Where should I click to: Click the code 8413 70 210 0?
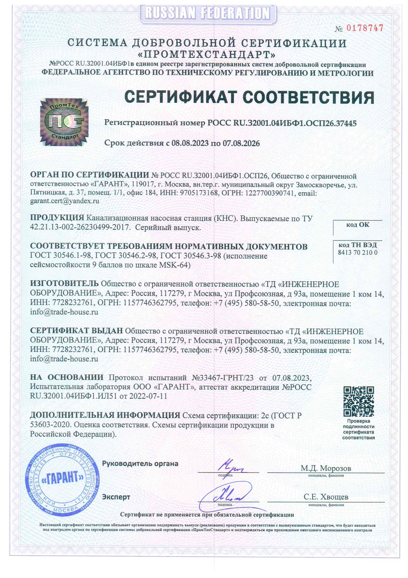pos(357,252)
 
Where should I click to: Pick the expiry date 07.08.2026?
pos(241,144)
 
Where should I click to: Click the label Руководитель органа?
pos(140,463)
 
